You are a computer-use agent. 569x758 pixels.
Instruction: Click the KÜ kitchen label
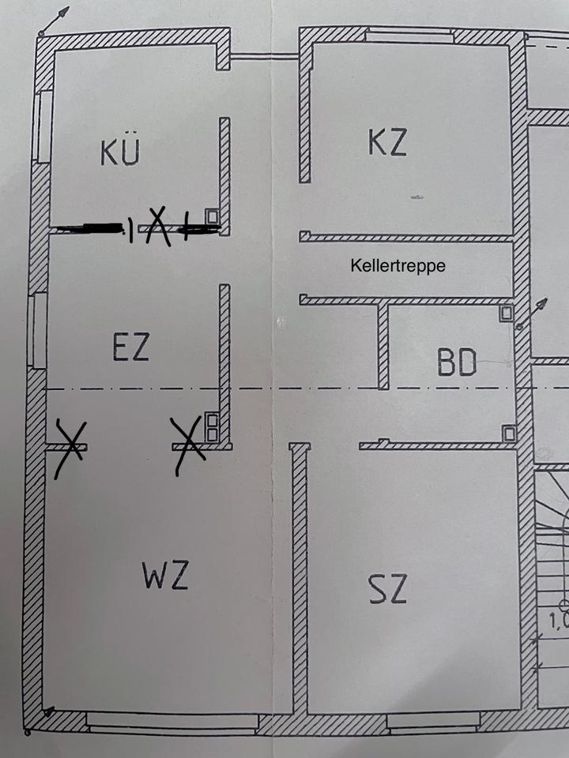coord(120,152)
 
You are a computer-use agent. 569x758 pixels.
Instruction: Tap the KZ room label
coord(387,142)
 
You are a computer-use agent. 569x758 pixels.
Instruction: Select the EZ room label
coord(131,347)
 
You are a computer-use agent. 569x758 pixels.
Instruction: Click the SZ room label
coord(387,588)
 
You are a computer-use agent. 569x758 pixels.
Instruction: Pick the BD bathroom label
coord(457,364)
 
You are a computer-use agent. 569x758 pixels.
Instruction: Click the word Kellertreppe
coord(398,267)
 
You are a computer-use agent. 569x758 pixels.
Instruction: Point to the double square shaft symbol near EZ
coord(211,426)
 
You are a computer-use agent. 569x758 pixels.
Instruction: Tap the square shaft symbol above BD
coord(506,313)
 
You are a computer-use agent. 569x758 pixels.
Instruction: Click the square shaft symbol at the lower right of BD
coord(509,433)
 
